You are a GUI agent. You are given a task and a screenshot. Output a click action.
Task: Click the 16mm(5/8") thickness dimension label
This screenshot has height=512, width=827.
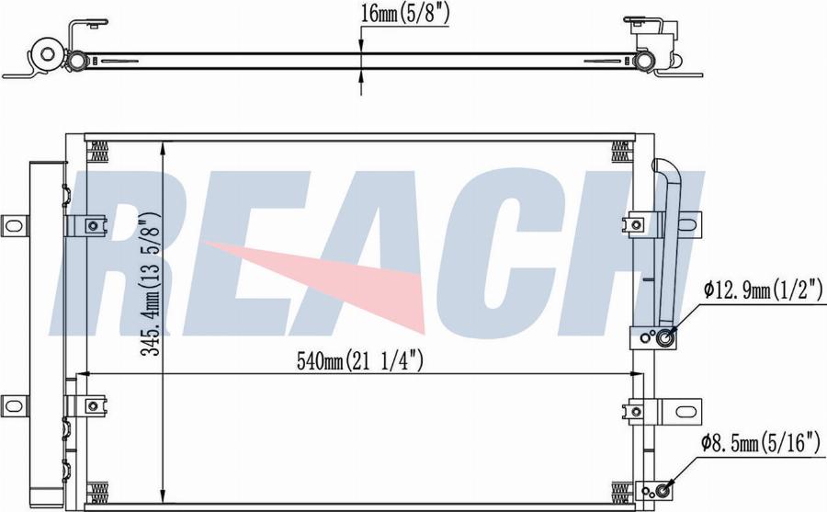[404, 15]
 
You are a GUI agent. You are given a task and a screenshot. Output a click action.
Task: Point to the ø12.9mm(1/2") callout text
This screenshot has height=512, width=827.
[763, 290]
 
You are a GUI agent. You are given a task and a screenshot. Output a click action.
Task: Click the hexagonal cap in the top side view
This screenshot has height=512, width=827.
[48, 54]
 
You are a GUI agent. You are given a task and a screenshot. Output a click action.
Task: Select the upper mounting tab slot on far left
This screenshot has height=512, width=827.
[14, 226]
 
